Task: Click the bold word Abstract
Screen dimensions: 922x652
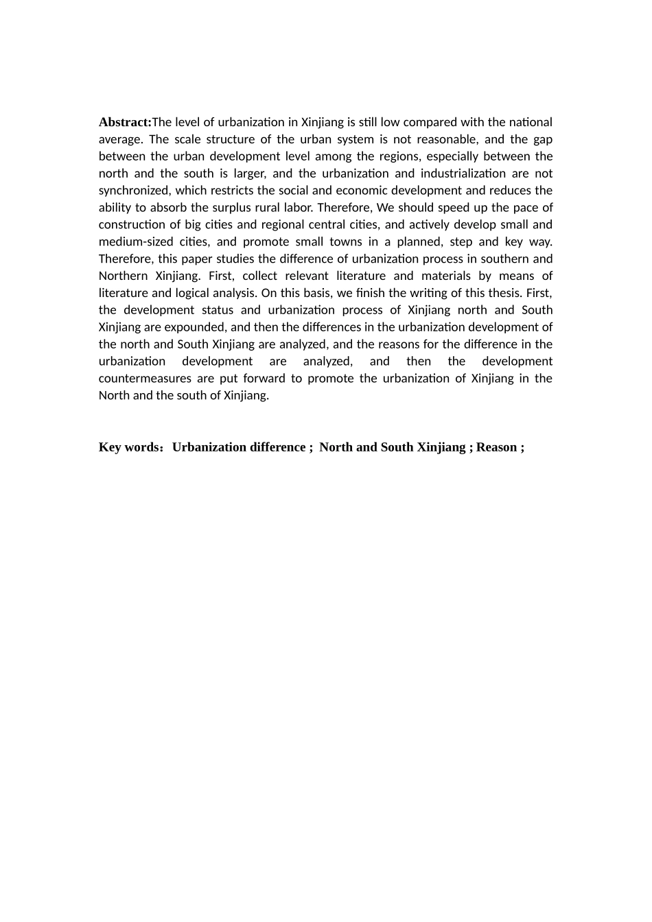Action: (124, 122)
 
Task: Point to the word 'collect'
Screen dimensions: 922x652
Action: (262, 276)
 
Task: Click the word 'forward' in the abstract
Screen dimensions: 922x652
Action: (264, 379)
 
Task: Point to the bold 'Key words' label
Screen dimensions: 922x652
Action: (129, 447)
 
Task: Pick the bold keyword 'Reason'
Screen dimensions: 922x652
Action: (496, 447)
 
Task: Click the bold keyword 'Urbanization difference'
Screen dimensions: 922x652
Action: (239, 447)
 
